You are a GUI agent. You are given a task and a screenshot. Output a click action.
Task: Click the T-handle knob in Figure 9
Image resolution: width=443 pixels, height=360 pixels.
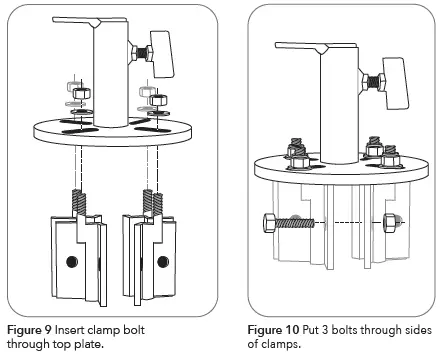pyautogui.click(x=162, y=54)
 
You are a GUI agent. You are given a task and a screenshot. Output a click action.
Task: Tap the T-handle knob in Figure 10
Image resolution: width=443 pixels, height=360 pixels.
pyautogui.click(x=396, y=83)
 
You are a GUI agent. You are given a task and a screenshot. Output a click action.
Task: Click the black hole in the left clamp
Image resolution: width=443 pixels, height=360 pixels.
pyautogui.click(x=72, y=262)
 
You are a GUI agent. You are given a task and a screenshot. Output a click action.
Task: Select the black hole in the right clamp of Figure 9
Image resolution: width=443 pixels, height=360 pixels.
pyautogui.click(x=163, y=262)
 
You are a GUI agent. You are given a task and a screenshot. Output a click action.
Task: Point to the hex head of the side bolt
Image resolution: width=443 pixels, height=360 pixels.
pyautogui.click(x=269, y=223)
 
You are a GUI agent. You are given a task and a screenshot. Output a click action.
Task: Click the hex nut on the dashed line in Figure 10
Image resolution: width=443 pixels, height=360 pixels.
pyautogui.click(x=389, y=223)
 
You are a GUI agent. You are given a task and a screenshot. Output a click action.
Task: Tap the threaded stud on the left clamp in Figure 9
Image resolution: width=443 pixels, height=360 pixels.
pyautogui.click(x=79, y=202)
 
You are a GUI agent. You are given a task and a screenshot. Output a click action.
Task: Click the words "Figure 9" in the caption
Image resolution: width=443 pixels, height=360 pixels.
pyautogui.click(x=29, y=330)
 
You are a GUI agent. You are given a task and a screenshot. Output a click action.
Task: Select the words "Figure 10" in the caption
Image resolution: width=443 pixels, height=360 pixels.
pyautogui.click(x=273, y=330)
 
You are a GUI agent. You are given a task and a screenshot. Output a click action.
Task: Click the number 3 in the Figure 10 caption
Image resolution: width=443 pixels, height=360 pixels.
pyautogui.click(x=325, y=330)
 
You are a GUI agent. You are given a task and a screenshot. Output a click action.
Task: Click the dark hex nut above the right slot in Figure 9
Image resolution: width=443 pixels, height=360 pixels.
pyautogui.click(x=158, y=100)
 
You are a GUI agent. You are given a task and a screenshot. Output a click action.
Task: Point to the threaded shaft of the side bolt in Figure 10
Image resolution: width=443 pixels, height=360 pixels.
pyautogui.click(x=294, y=223)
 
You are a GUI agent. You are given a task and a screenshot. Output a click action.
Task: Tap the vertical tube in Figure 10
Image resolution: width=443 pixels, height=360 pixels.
pyautogui.click(x=339, y=107)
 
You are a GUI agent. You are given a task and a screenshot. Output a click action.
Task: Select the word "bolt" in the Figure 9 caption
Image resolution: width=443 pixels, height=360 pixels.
pyautogui.click(x=134, y=330)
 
